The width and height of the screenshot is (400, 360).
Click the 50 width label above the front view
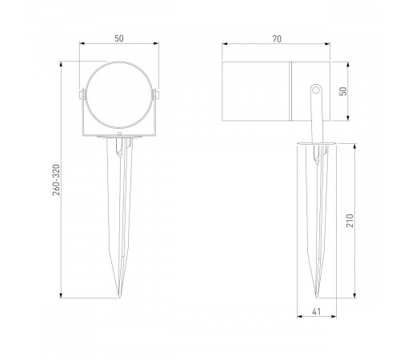tap(120, 37)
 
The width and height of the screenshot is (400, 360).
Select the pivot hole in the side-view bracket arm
tap(314, 90)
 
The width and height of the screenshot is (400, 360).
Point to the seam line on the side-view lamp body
tap(292, 92)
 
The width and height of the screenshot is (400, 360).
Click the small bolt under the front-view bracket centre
tap(120, 144)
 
